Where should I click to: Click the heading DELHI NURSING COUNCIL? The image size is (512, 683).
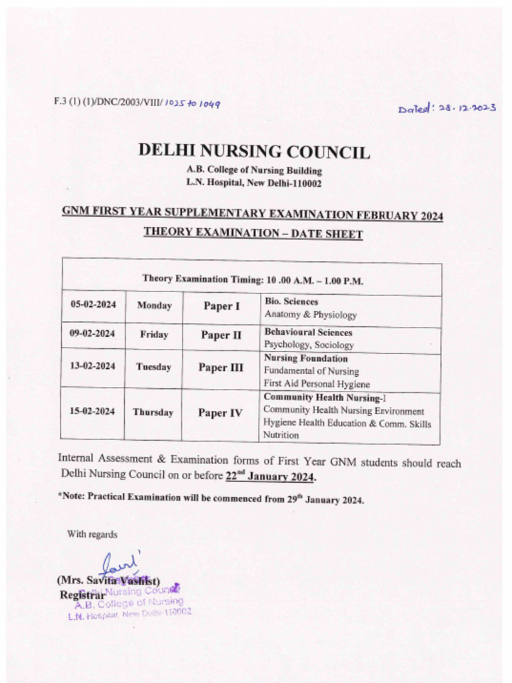(254, 151)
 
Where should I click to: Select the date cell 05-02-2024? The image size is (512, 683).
(93, 305)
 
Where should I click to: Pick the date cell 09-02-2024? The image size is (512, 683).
(93, 334)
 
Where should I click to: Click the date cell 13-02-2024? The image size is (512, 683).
(93, 366)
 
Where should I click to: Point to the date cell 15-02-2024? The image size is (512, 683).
(93, 411)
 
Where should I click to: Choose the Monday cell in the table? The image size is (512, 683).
(154, 305)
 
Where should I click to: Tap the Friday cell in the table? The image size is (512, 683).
(154, 335)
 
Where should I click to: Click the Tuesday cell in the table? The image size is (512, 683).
(153, 367)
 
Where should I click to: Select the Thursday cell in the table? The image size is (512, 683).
(153, 412)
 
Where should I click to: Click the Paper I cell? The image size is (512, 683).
(221, 306)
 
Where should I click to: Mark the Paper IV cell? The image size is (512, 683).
(220, 413)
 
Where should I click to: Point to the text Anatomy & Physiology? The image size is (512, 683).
(310, 314)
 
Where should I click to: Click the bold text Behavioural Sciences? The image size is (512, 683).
(308, 332)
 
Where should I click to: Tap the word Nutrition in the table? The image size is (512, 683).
(281, 435)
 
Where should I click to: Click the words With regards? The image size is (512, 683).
(92, 534)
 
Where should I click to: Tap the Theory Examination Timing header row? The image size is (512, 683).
(253, 280)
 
